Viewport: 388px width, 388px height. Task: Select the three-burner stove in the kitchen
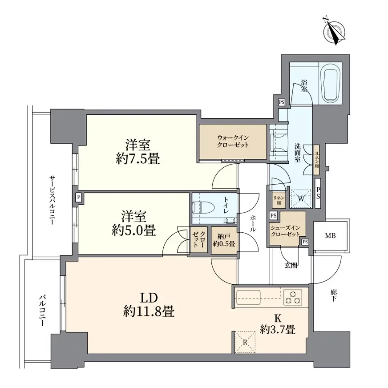pos(293,297)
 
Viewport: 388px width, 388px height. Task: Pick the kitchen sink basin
pos(248,297)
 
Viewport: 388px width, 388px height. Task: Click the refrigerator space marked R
pos(245,342)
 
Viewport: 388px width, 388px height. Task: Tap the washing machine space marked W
pos(301,198)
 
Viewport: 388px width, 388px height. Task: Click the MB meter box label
pos(330,236)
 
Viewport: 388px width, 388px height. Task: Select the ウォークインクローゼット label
pos(233,141)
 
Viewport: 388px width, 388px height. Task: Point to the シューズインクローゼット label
pos(285,231)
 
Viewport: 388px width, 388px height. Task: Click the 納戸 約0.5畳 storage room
pos(224,240)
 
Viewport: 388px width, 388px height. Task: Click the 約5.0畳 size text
pos(133,230)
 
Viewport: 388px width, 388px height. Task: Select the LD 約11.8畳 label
pos(149,305)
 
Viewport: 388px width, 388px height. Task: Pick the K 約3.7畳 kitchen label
pos(277,324)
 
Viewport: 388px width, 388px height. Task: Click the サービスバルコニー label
pos(52,200)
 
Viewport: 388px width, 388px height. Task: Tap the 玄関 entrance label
pos(291,266)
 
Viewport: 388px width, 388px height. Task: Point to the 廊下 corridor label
pos(333,295)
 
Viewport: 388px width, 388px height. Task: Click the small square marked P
pos(78,198)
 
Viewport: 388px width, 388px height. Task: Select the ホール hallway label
pos(253,223)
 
